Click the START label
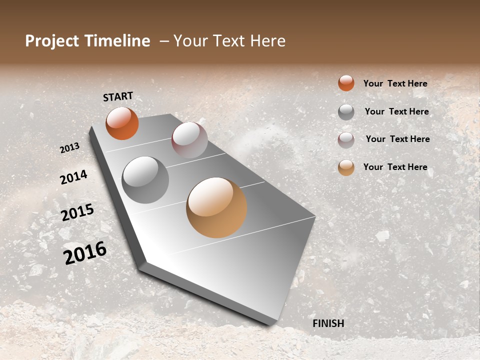(x=118, y=96)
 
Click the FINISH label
(x=328, y=323)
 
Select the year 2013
(x=70, y=147)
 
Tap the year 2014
(x=73, y=177)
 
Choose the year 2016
(x=85, y=253)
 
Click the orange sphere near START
(x=122, y=123)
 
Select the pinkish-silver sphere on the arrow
(x=189, y=139)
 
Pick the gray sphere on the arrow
(x=145, y=180)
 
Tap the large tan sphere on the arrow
(x=216, y=207)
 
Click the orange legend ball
(x=346, y=83)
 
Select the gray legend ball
(x=346, y=112)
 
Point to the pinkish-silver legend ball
(x=346, y=140)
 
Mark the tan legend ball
(x=346, y=168)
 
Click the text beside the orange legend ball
(x=395, y=83)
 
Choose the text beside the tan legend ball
(x=395, y=167)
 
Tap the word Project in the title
(x=52, y=41)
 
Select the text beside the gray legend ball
(x=397, y=111)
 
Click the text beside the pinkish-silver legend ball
(x=398, y=139)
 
